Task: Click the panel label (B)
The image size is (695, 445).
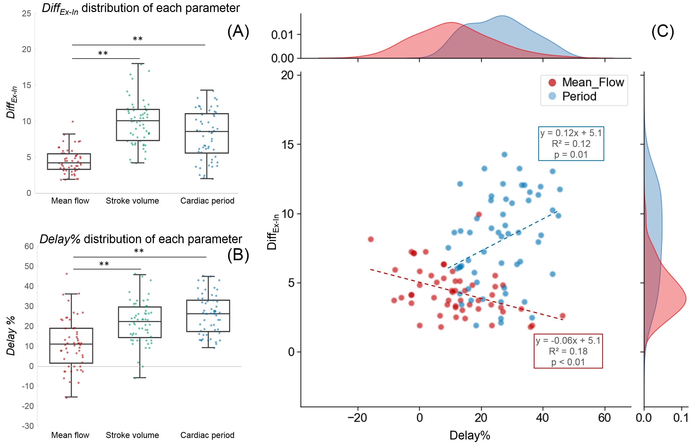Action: pyautogui.click(x=238, y=255)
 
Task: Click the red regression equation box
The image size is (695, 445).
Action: pyautogui.click(x=568, y=351)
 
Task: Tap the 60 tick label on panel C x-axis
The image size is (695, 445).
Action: pyautogui.click(x=604, y=418)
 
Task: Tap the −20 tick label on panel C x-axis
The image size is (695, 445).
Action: pyautogui.click(x=357, y=418)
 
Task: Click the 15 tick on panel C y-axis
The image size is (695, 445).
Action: pyautogui.click(x=287, y=144)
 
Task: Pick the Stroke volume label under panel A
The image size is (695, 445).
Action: pyautogui.click(x=132, y=201)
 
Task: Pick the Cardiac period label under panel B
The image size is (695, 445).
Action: pyautogui.click(x=207, y=435)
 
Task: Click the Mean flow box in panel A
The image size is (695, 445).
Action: pyautogui.click(x=69, y=161)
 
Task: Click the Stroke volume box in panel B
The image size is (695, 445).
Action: pyautogui.click(x=140, y=322)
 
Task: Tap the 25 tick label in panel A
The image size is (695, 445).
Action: pyautogui.click(x=26, y=14)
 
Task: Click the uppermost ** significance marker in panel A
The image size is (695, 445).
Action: pyautogui.click(x=138, y=39)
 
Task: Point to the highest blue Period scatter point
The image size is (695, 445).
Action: pyautogui.click(x=504, y=155)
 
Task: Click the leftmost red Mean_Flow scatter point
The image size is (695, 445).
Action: pyautogui.click(x=371, y=239)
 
